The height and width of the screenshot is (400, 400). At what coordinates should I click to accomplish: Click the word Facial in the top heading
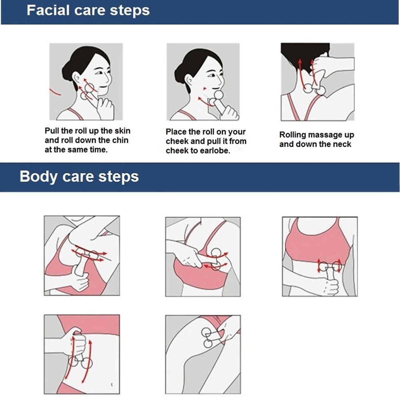tap(48, 10)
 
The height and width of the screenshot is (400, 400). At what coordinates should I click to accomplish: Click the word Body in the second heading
tap(38, 176)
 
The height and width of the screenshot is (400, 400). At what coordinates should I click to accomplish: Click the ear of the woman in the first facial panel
tap(76, 78)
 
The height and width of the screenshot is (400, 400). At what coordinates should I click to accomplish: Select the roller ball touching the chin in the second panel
tap(218, 95)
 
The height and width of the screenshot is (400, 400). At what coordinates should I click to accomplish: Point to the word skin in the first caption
tap(122, 131)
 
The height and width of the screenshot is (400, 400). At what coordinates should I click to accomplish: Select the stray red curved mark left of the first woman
tap(55, 92)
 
